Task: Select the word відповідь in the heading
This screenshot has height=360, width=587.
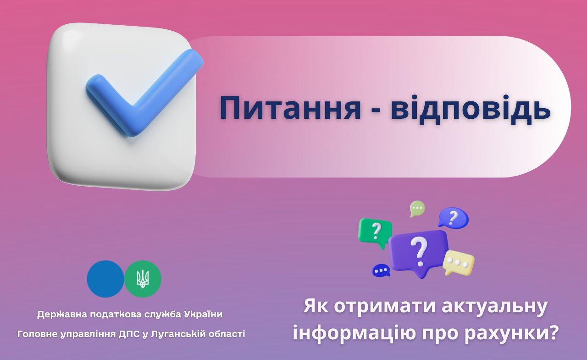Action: (471, 108)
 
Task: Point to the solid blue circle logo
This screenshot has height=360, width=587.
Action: (105, 279)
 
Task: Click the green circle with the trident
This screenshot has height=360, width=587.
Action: (143, 279)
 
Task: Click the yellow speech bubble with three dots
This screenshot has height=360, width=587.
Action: (458, 262)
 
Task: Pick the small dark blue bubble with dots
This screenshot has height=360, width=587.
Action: (381, 270)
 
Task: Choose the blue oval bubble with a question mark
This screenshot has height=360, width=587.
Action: (454, 217)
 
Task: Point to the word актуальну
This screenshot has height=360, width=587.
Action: (495, 306)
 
